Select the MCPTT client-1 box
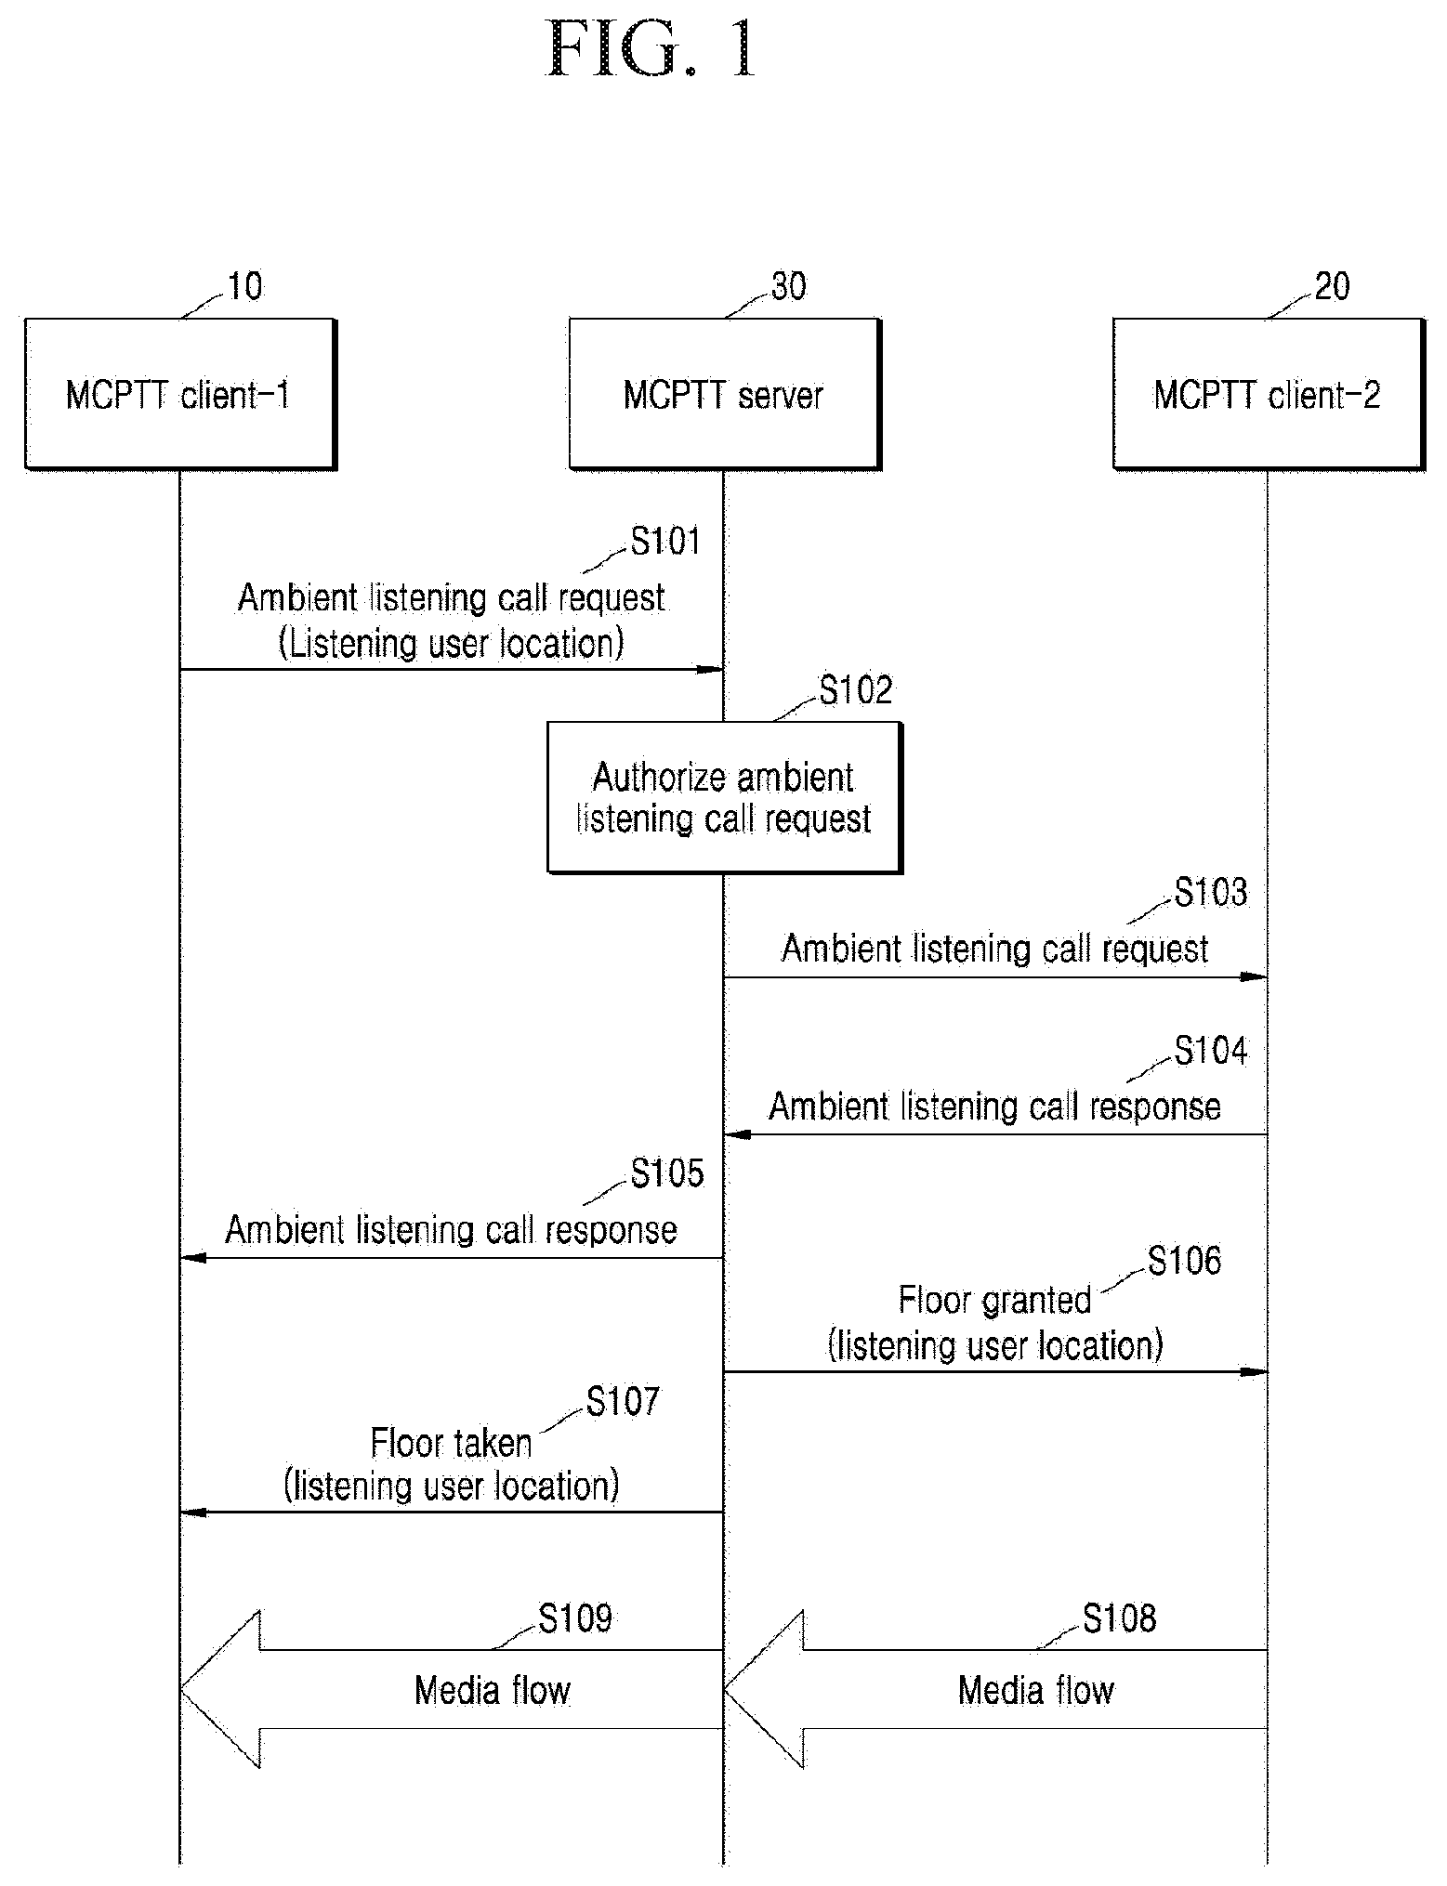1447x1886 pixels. click(x=180, y=394)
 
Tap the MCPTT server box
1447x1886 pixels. click(x=724, y=394)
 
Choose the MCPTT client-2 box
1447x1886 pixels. click(x=1269, y=394)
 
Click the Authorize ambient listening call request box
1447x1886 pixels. click(x=724, y=798)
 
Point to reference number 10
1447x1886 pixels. click(x=244, y=286)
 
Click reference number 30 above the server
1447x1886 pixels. click(x=788, y=286)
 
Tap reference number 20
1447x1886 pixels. click(x=1332, y=286)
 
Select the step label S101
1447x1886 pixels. click(x=665, y=541)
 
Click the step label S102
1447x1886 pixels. click(x=855, y=689)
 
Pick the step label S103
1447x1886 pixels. click(x=1211, y=892)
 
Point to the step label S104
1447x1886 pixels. click(x=1211, y=1050)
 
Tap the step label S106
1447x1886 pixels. click(x=1184, y=1261)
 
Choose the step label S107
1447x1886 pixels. click(x=623, y=1401)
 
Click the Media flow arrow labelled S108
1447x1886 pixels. click(x=996, y=1689)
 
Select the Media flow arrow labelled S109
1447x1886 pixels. click(x=452, y=1689)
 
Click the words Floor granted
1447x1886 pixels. click(x=994, y=1300)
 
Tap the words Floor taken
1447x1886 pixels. click(x=452, y=1443)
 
